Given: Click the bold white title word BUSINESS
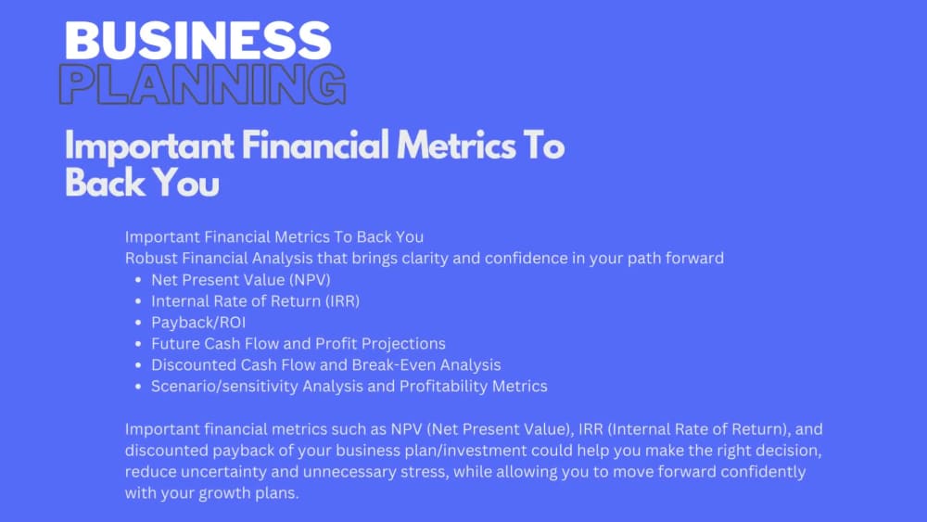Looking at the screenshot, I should [197, 41].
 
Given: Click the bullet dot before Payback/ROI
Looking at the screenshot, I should [137, 323].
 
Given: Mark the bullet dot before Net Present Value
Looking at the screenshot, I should [137, 280].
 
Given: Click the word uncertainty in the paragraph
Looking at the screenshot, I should [221, 471].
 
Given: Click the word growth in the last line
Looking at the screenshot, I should [222, 492].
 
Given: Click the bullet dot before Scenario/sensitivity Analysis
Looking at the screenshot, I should [137, 387].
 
